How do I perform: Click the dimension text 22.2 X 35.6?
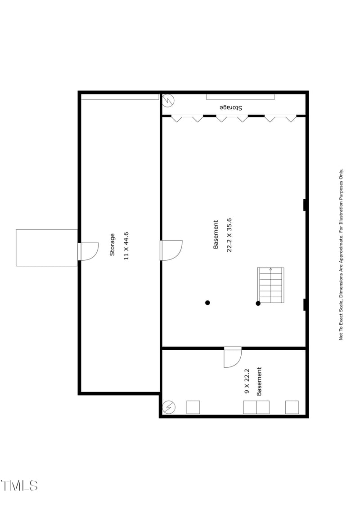(x=229, y=235)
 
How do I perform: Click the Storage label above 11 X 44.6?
(x=112, y=245)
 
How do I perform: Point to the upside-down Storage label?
(x=231, y=108)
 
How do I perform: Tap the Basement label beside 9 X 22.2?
(x=259, y=382)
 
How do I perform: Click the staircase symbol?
(x=271, y=285)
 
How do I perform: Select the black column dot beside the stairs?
(x=258, y=304)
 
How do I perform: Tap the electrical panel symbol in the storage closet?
(x=168, y=100)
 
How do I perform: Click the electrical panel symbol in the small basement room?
(x=169, y=407)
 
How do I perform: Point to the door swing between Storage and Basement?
(x=172, y=250)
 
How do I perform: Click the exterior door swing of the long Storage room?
(x=89, y=251)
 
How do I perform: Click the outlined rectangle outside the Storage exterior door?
(x=47, y=248)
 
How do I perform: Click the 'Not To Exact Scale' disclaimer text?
(x=341, y=254)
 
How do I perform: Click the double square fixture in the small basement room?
(x=256, y=407)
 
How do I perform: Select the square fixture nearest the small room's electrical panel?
(x=193, y=407)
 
